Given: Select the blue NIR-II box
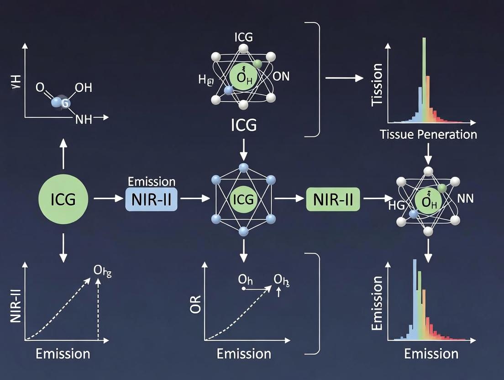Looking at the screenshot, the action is tap(151, 200).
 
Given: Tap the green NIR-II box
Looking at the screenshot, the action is tap(333, 200).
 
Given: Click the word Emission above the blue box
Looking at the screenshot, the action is tap(152, 181).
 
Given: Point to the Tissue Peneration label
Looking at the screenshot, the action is tap(428, 134).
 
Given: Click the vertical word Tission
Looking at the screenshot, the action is tap(378, 85).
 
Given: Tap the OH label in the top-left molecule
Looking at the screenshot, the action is tap(83, 88).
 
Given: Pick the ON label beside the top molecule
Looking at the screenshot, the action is tap(281, 76).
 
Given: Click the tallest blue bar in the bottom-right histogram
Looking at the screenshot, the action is tap(415, 297).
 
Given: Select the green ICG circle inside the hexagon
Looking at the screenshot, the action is tap(243, 199).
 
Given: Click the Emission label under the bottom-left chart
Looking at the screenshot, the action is tap(63, 354).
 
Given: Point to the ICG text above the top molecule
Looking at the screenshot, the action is tap(243, 37).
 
